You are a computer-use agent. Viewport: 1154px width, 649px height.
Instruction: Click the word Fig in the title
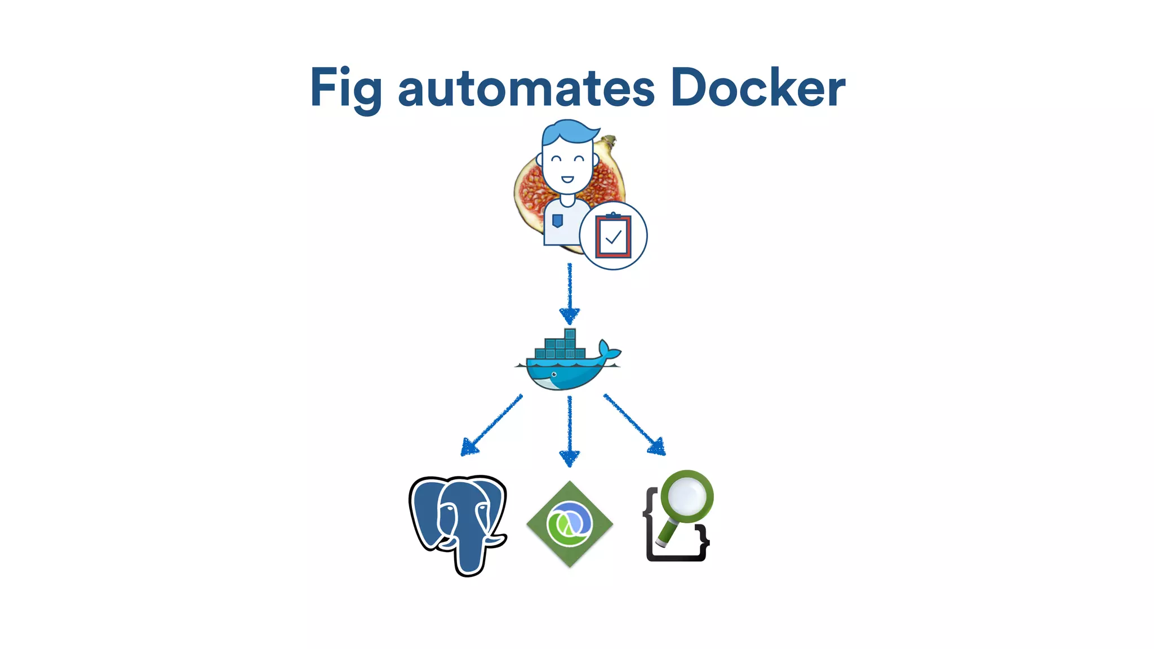pos(345,87)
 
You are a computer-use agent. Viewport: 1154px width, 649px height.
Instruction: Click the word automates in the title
pos(526,89)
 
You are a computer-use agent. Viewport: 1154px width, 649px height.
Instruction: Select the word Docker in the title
pos(758,87)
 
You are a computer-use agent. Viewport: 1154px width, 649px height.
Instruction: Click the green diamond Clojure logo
pos(569,524)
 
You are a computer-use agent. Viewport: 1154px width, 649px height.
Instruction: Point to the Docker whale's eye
pos(554,375)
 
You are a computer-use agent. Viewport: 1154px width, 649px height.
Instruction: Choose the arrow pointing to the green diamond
pos(570,431)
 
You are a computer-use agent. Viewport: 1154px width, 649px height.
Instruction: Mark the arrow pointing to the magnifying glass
pos(634,424)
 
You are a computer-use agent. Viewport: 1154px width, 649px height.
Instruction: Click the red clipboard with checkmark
pos(613,236)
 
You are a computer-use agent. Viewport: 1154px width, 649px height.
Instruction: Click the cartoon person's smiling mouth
pos(567,180)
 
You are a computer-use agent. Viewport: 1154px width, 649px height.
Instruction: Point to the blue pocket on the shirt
pos(557,220)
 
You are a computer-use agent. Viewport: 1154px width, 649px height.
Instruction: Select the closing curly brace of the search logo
pos(702,539)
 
